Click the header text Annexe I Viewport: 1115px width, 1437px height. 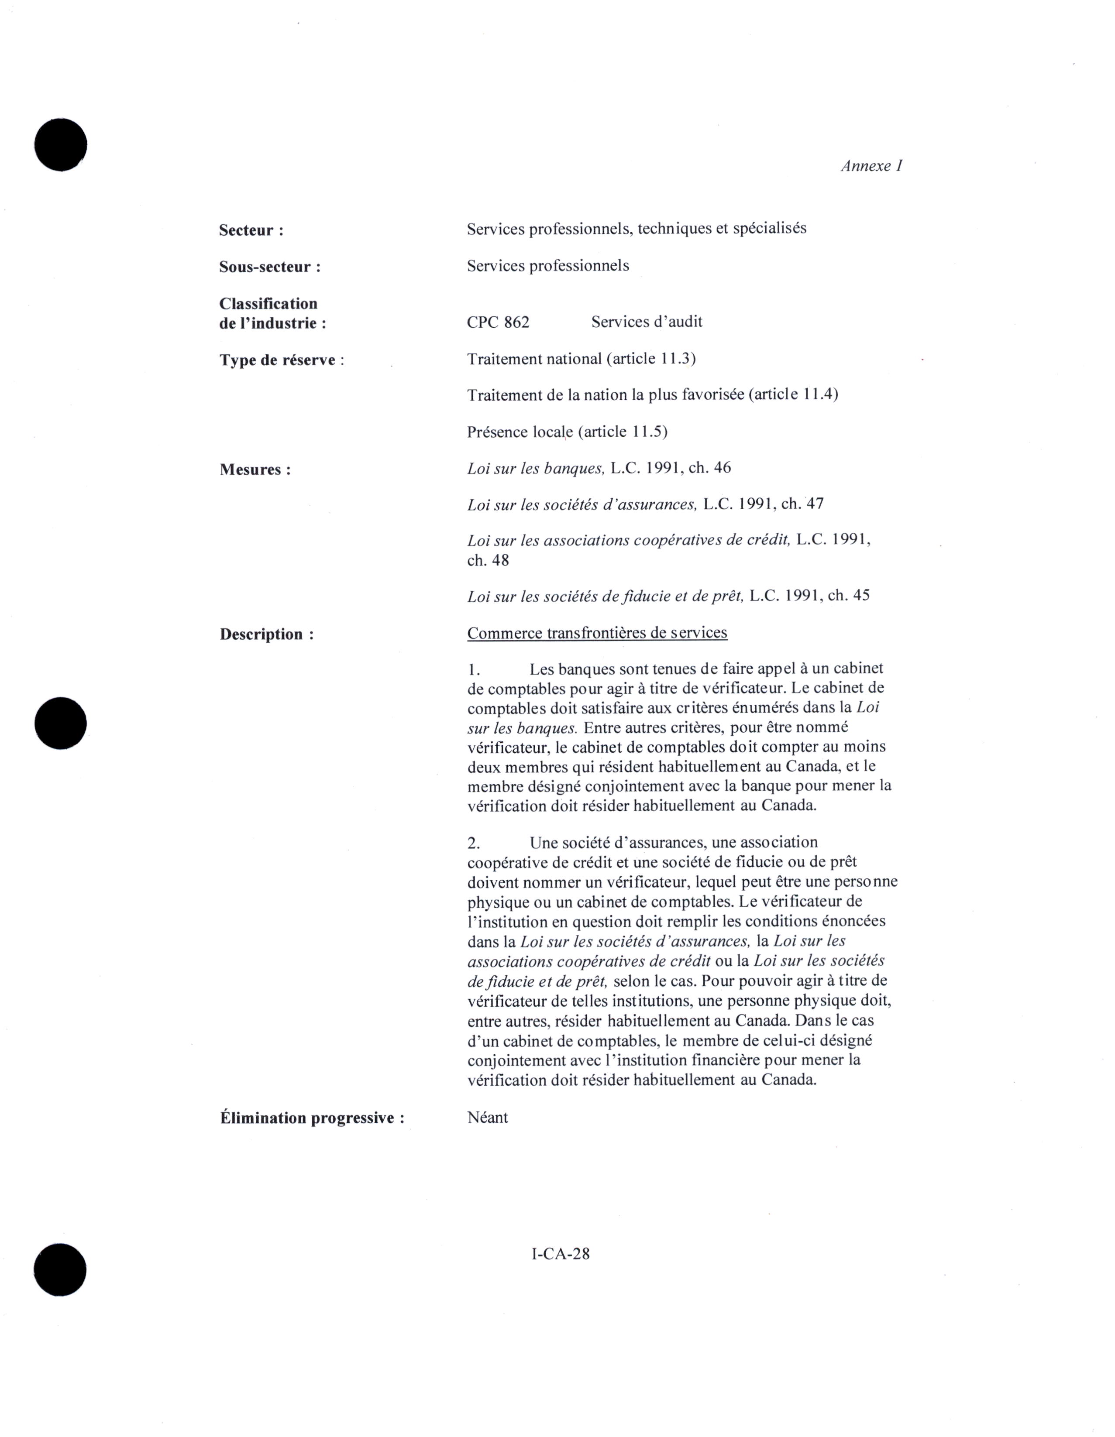click(871, 166)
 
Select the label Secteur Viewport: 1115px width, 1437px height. click(251, 230)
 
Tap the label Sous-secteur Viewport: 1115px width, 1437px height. click(270, 267)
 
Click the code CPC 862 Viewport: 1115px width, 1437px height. click(498, 322)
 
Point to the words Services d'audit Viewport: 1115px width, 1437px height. click(647, 322)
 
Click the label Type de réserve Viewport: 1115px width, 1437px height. click(281, 360)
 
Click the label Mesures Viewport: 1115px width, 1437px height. click(255, 470)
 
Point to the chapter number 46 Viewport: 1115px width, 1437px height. click(722, 468)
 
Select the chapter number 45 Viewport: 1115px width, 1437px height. click(861, 596)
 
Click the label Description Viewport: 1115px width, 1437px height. click(266, 634)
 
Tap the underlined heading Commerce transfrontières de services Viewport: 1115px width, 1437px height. click(597, 633)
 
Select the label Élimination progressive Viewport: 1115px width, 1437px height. click(311, 1118)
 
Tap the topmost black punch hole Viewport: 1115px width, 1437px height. click(61, 145)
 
